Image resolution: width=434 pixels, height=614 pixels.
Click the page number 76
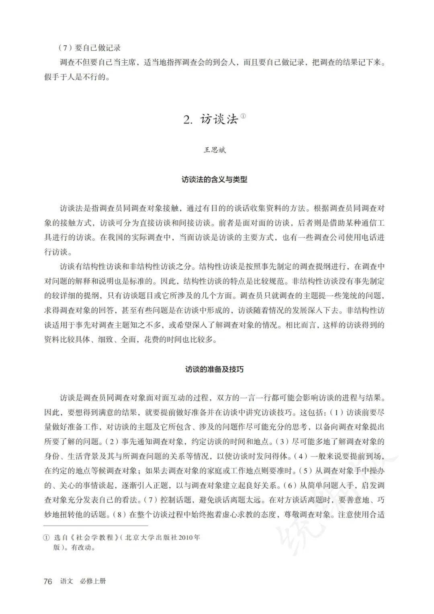click(x=48, y=581)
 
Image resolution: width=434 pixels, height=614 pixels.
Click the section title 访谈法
click(x=219, y=119)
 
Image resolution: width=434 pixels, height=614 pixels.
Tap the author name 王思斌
click(x=215, y=150)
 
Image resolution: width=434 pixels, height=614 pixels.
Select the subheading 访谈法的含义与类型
click(x=215, y=179)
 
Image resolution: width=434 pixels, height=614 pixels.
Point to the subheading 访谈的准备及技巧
click(x=215, y=369)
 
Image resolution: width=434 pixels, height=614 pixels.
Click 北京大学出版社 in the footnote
click(x=151, y=538)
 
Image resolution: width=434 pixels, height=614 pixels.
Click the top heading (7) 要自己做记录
click(x=90, y=48)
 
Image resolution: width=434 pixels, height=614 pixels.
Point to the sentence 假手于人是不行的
click(x=77, y=77)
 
